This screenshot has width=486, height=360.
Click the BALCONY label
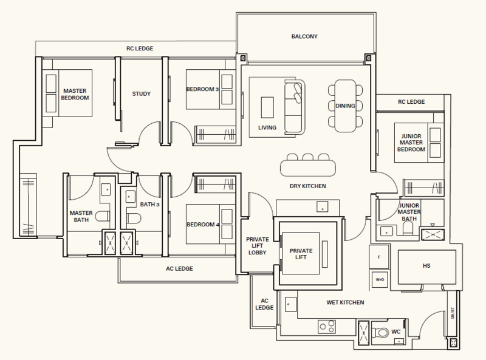[x=304, y=36]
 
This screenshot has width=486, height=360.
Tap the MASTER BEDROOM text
[x=75, y=94]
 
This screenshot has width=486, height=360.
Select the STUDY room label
[x=141, y=94]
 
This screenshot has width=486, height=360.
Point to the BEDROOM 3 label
[x=202, y=90]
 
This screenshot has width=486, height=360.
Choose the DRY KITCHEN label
[x=308, y=186]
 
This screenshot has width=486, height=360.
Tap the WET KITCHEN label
[x=344, y=302]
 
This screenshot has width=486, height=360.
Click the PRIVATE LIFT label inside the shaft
[x=301, y=253]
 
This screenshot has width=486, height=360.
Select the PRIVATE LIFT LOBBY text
[x=258, y=245]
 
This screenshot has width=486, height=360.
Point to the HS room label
[x=426, y=265]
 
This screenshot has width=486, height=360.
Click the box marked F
[x=379, y=257]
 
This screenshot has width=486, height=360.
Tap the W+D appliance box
[x=379, y=280]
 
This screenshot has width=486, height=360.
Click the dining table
[x=345, y=105]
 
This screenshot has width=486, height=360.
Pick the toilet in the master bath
[x=103, y=216]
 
